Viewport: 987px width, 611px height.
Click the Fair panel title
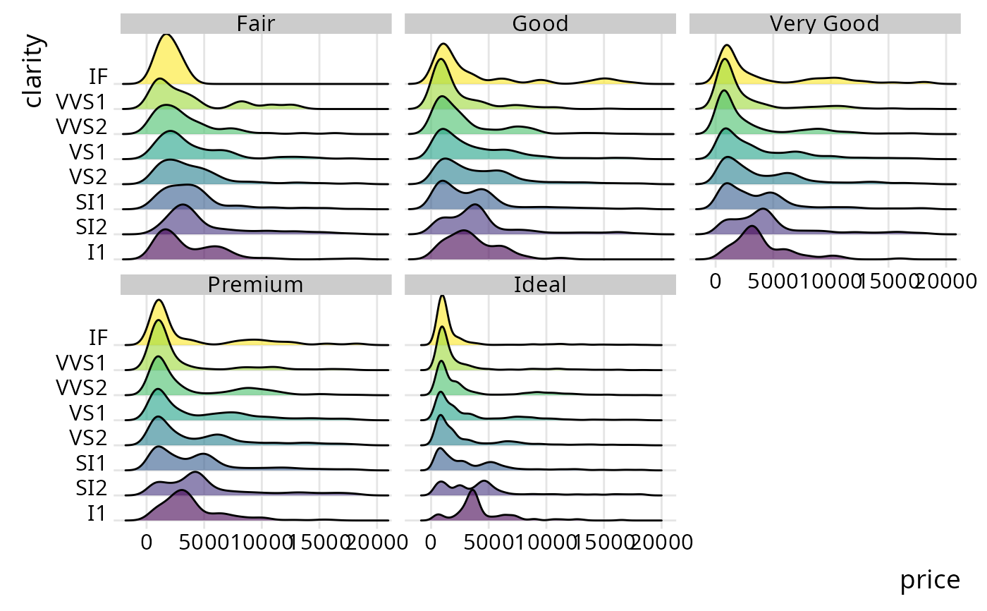255,23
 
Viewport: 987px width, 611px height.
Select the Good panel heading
540,23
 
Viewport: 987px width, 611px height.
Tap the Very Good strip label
824,23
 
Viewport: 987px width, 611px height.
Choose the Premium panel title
255,284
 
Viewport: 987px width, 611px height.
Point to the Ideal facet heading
540,284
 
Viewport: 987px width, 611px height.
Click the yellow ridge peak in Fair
166,53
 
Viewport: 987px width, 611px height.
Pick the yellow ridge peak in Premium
159,314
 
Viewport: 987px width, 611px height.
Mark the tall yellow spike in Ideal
442,310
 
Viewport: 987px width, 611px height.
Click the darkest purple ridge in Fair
167,247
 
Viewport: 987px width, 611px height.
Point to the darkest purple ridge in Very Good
752,243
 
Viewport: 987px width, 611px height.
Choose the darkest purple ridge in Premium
182,507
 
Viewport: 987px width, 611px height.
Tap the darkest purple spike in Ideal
472,504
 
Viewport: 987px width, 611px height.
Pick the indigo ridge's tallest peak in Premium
196,483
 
